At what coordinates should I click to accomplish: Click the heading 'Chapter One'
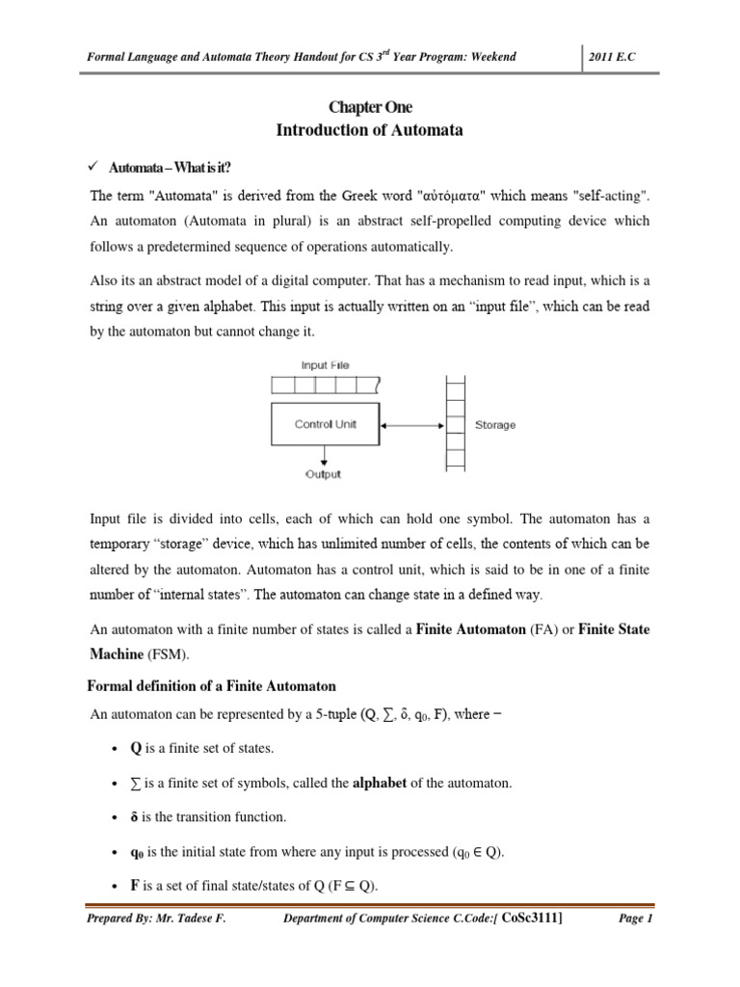point(371,107)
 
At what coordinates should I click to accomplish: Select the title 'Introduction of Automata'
point(371,130)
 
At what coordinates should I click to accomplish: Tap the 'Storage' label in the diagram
point(495,425)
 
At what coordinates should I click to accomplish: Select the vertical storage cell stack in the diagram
point(456,423)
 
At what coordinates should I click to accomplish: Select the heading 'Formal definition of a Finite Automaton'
point(212,686)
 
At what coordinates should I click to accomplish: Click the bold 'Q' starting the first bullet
point(121,748)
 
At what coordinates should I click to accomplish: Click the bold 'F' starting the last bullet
point(120,885)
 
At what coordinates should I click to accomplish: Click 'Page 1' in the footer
point(634,919)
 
